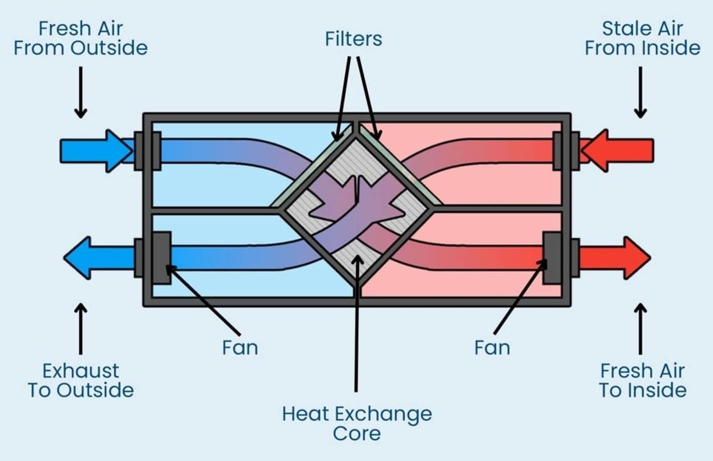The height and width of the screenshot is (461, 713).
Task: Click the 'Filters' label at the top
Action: pos(353,39)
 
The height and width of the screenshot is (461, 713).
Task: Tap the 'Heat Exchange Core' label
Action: pos(357,423)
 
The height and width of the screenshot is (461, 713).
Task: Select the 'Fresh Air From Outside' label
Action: pos(81,38)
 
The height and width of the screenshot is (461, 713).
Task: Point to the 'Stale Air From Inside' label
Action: pos(642,38)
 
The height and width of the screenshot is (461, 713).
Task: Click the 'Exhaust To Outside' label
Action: pos(81,380)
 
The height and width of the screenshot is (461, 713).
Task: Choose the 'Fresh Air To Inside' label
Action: pos(642,380)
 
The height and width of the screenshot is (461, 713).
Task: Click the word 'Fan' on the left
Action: pos(240,347)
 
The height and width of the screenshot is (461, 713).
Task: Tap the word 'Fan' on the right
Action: pos(492,347)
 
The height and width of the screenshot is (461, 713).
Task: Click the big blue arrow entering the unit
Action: pos(96,151)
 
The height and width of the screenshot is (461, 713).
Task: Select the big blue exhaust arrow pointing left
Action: pos(98,258)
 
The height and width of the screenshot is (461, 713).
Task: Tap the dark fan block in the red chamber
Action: pos(552,257)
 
